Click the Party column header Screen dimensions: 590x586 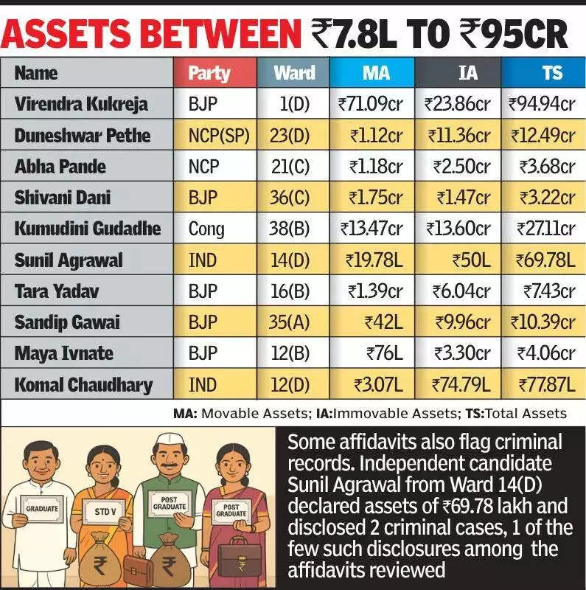point(209,73)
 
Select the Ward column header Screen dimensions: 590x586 point(294,73)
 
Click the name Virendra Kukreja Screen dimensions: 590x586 point(81,104)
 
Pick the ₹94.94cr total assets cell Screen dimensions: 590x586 point(542,104)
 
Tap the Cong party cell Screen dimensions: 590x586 point(206,229)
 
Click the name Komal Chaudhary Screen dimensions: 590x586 point(83,384)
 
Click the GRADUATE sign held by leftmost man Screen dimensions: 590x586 point(41,508)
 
